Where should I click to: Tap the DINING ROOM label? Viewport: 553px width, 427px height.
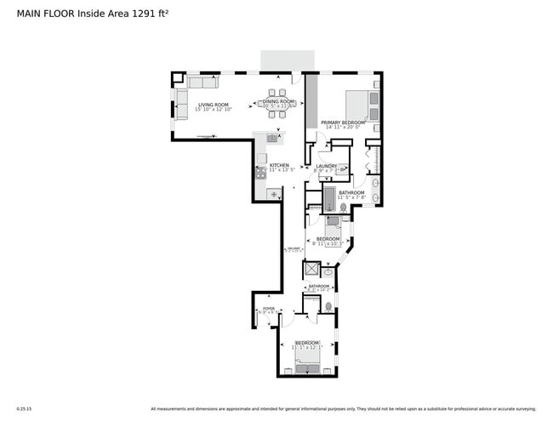279,101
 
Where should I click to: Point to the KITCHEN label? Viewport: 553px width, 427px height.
280,165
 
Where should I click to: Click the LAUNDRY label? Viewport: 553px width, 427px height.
327,166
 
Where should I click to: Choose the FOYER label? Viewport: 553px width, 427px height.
269,309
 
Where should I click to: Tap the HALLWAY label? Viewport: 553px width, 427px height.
294,248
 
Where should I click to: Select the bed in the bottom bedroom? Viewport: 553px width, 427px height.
308,364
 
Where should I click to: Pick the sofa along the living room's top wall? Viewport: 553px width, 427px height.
202,83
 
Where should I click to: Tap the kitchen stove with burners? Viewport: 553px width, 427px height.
260,172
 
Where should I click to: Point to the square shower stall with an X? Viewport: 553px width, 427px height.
312,270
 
